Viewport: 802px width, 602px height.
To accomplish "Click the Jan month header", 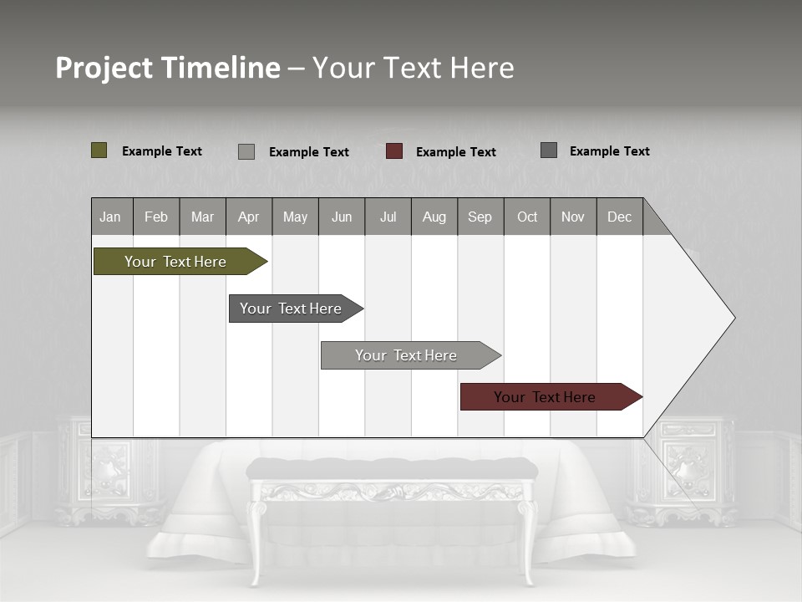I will pos(111,217).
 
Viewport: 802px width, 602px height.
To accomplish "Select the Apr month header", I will pos(249,217).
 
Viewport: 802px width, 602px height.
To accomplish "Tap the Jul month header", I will pos(388,217).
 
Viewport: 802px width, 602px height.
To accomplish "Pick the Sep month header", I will pos(480,217).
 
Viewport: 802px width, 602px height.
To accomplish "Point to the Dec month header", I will pos(620,217).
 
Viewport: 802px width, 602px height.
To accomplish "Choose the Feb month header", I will pos(156,217).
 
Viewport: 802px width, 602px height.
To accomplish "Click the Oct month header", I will pos(527,217).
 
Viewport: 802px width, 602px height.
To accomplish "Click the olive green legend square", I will pos(99,150).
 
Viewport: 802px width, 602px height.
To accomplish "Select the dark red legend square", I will pos(394,151).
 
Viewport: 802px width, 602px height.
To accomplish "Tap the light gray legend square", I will pos(246,151).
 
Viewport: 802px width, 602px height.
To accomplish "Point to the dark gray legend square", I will pos(549,150).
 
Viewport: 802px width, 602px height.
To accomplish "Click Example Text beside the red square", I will pos(456,152).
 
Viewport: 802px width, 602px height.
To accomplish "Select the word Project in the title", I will pos(103,68).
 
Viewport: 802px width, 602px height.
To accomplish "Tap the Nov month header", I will pos(573,217).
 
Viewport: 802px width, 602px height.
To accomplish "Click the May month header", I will pos(295,217).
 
